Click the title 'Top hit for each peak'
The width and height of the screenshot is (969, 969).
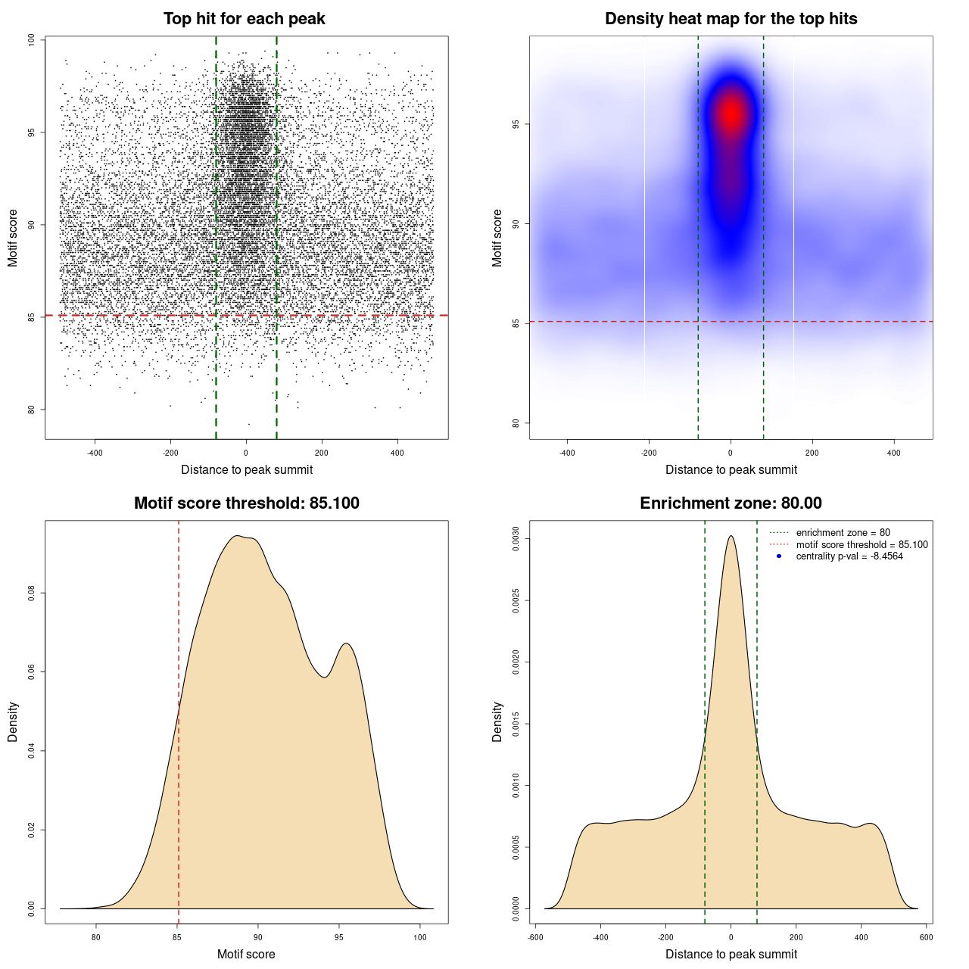tap(245, 19)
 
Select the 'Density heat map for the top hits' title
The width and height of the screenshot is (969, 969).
tap(731, 19)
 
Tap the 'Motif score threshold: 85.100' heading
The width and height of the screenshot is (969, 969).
tap(246, 503)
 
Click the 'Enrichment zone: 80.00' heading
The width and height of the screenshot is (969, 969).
tap(731, 503)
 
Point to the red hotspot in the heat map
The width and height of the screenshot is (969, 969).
tap(731, 114)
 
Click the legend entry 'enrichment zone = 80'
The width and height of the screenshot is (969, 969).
tap(843, 533)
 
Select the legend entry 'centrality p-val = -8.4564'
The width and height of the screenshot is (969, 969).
tap(849, 556)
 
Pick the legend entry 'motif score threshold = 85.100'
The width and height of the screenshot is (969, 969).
tap(862, 545)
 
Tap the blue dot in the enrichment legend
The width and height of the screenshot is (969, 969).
tap(779, 556)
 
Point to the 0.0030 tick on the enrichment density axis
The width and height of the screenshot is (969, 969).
tap(516, 539)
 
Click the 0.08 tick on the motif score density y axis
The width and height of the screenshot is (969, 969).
tap(31, 594)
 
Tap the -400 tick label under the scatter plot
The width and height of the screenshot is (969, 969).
tap(95, 453)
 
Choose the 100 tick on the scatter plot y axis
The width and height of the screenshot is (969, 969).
tap(31, 40)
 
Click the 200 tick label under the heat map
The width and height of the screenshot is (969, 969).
tap(812, 453)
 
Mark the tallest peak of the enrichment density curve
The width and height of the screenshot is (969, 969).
tap(731, 537)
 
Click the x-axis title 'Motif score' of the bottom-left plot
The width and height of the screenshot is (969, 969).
tap(246, 954)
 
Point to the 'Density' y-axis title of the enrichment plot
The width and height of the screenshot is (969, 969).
tap(497, 721)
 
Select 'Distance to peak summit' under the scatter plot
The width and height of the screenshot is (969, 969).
tap(247, 469)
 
